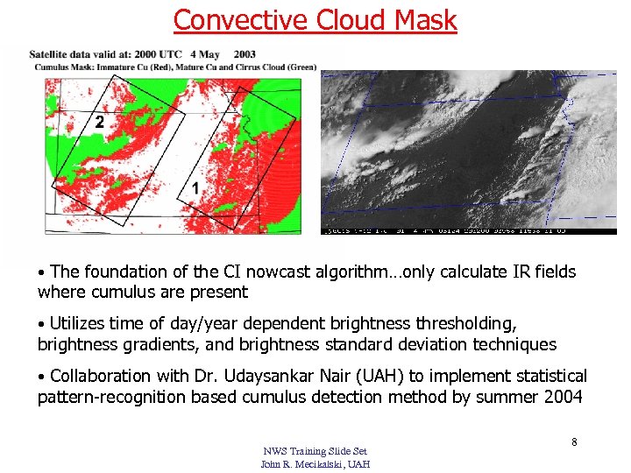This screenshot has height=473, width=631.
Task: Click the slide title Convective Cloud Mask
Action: [x=315, y=19]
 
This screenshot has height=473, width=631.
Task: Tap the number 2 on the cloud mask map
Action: [x=99, y=123]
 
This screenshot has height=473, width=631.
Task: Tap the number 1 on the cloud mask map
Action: [x=195, y=188]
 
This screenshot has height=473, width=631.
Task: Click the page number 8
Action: [x=574, y=442]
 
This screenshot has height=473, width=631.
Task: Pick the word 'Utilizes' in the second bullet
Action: [x=78, y=324]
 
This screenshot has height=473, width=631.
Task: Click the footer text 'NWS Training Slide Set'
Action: [x=315, y=451]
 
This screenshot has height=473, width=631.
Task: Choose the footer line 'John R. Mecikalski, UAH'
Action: [x=315, y=463]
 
